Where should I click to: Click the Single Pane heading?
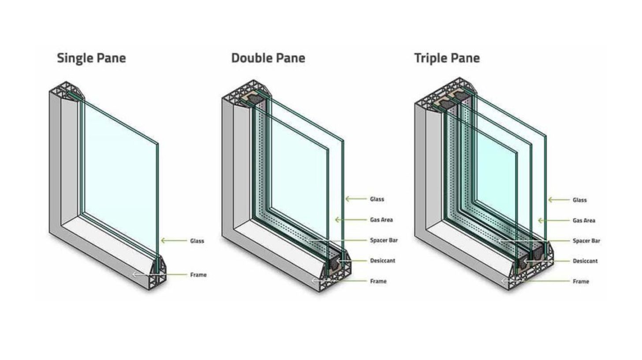tap(91, 58)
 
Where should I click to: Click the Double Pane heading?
tap(268, 58)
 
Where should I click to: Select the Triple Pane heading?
tap(447, 58)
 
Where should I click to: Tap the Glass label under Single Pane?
tap(197, 241)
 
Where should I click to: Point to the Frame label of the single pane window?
tap(198, 275)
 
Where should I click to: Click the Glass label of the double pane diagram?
tap(377, 199)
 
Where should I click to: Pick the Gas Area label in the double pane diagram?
tap(381, 220)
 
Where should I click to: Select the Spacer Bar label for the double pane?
tap(384, 240)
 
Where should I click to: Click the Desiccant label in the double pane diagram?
tap(382, 261)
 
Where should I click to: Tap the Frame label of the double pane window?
tap(378, 281)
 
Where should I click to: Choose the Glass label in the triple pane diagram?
tap(580, 200)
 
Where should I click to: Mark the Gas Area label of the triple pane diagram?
tap(584, 221)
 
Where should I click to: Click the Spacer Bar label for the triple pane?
tap(586, 241)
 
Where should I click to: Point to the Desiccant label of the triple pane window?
tap(585, 261)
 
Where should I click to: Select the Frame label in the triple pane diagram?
tap(581, 281)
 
